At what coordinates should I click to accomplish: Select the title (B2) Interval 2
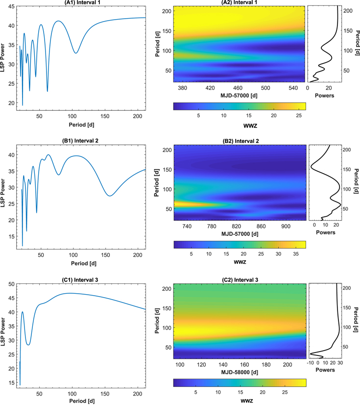coord(240,141)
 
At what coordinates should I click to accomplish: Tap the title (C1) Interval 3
coord(80,280)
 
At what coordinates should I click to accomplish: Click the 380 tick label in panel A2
coord(182,88)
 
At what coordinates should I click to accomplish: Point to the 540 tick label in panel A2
coord(293,88)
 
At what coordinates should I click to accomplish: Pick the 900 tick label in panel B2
coord(286,226)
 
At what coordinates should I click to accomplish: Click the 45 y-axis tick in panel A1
coord(11,6)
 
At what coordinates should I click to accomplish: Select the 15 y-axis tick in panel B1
coord(11,236)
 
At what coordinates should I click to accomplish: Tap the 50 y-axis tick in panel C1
coord(11,284)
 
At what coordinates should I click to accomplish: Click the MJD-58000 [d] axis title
coord(240,372)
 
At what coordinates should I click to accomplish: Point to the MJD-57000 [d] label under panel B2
coord(240,234)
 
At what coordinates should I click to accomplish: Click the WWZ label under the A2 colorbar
coord(250,126)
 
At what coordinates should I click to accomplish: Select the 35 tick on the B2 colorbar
coord(296,254)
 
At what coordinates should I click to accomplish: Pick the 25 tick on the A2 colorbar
coord(299,115)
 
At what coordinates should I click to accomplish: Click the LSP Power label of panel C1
coord(3,332)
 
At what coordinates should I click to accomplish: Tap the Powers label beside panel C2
coord(325,370)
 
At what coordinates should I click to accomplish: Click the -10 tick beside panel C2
coord(310,363)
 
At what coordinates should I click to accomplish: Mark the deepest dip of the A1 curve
coord(23,105)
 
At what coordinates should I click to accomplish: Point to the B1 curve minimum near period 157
coord(110,196)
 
